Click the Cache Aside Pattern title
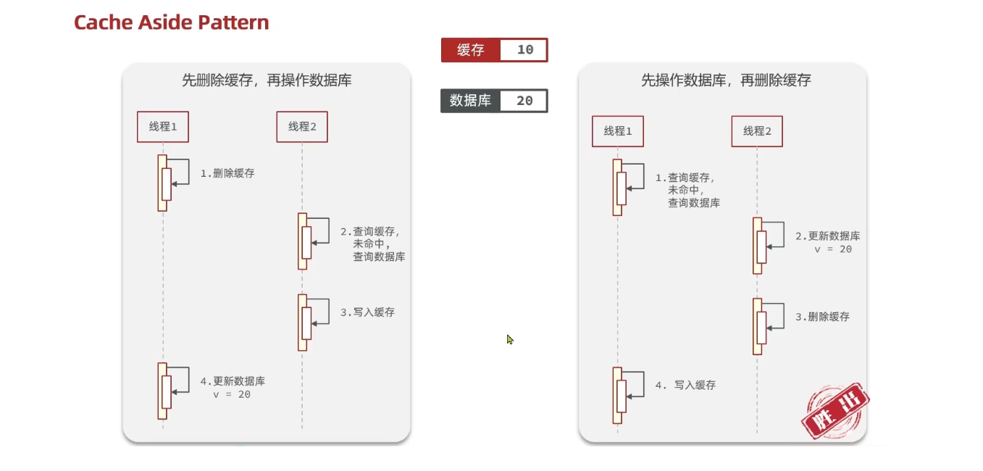(171, 22)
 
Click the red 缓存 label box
(470, 50)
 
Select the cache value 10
(525, 50)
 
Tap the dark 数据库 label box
(470, 101)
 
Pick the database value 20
(524, 101)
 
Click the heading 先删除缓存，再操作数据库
(267, 80)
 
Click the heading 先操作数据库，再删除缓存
(726, 80)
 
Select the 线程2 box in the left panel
(302, 127)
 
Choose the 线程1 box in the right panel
(618, 131)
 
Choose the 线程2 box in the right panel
(757, 131)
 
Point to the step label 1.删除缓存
(227, 174)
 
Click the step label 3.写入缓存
(367, 312)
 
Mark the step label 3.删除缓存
(822, 317)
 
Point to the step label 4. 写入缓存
(685, 385)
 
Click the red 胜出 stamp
(834, 409)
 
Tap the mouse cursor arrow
(510, 339)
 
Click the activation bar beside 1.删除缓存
(163, 183)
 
